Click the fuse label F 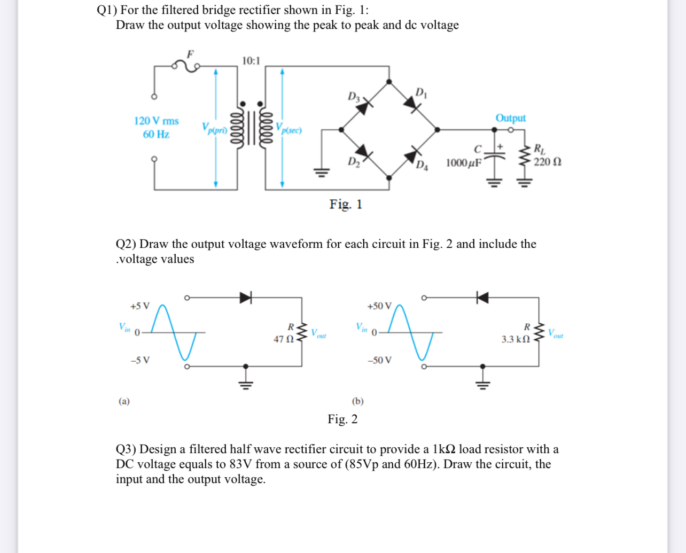[x=190, y=53]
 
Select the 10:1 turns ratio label [x=251, y=60]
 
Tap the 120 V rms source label [x=157, y=121]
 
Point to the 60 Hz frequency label [x=156, y=135]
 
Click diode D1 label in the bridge [x=421, y=92]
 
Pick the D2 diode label [x=354, y=161]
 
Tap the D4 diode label [x=422, y=165]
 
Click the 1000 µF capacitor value [x=464, y=162]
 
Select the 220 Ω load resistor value [x=547, y=162]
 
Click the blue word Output [x=510, y=118]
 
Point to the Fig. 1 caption [x=346, y=204]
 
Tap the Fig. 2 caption [x=342, y=419]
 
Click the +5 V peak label [x=140, y=306]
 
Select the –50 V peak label [x=379, y=360]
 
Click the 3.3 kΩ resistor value [x=516, y=339]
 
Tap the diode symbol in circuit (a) [x=245, y=298]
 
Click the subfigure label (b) [x=357, y=401]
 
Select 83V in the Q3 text [x=241, y=464]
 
